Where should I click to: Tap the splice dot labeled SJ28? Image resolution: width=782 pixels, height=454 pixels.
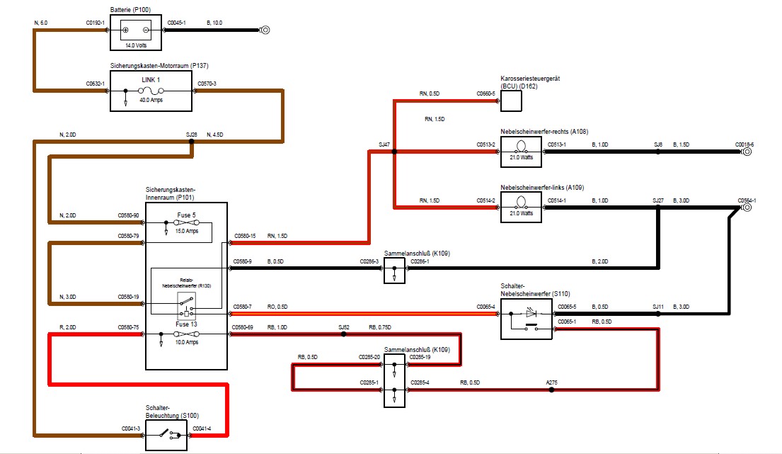(191, 141)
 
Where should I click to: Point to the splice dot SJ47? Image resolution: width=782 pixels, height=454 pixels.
(394, 152)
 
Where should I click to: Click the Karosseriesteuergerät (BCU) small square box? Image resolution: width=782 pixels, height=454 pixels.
(511, 101)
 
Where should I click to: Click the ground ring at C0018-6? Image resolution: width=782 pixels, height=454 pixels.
(746, 152)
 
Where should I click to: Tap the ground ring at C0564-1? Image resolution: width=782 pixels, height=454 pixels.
(746, 208)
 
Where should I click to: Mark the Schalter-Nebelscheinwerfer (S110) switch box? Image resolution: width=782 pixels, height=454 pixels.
(526, 319)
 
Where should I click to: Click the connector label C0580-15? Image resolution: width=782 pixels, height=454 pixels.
(244, 235)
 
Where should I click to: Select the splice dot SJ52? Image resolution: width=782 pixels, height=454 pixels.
(344, 334)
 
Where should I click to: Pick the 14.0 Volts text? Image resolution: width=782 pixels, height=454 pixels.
(136, 45)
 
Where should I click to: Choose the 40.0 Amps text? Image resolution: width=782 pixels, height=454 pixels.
(151, 101)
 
